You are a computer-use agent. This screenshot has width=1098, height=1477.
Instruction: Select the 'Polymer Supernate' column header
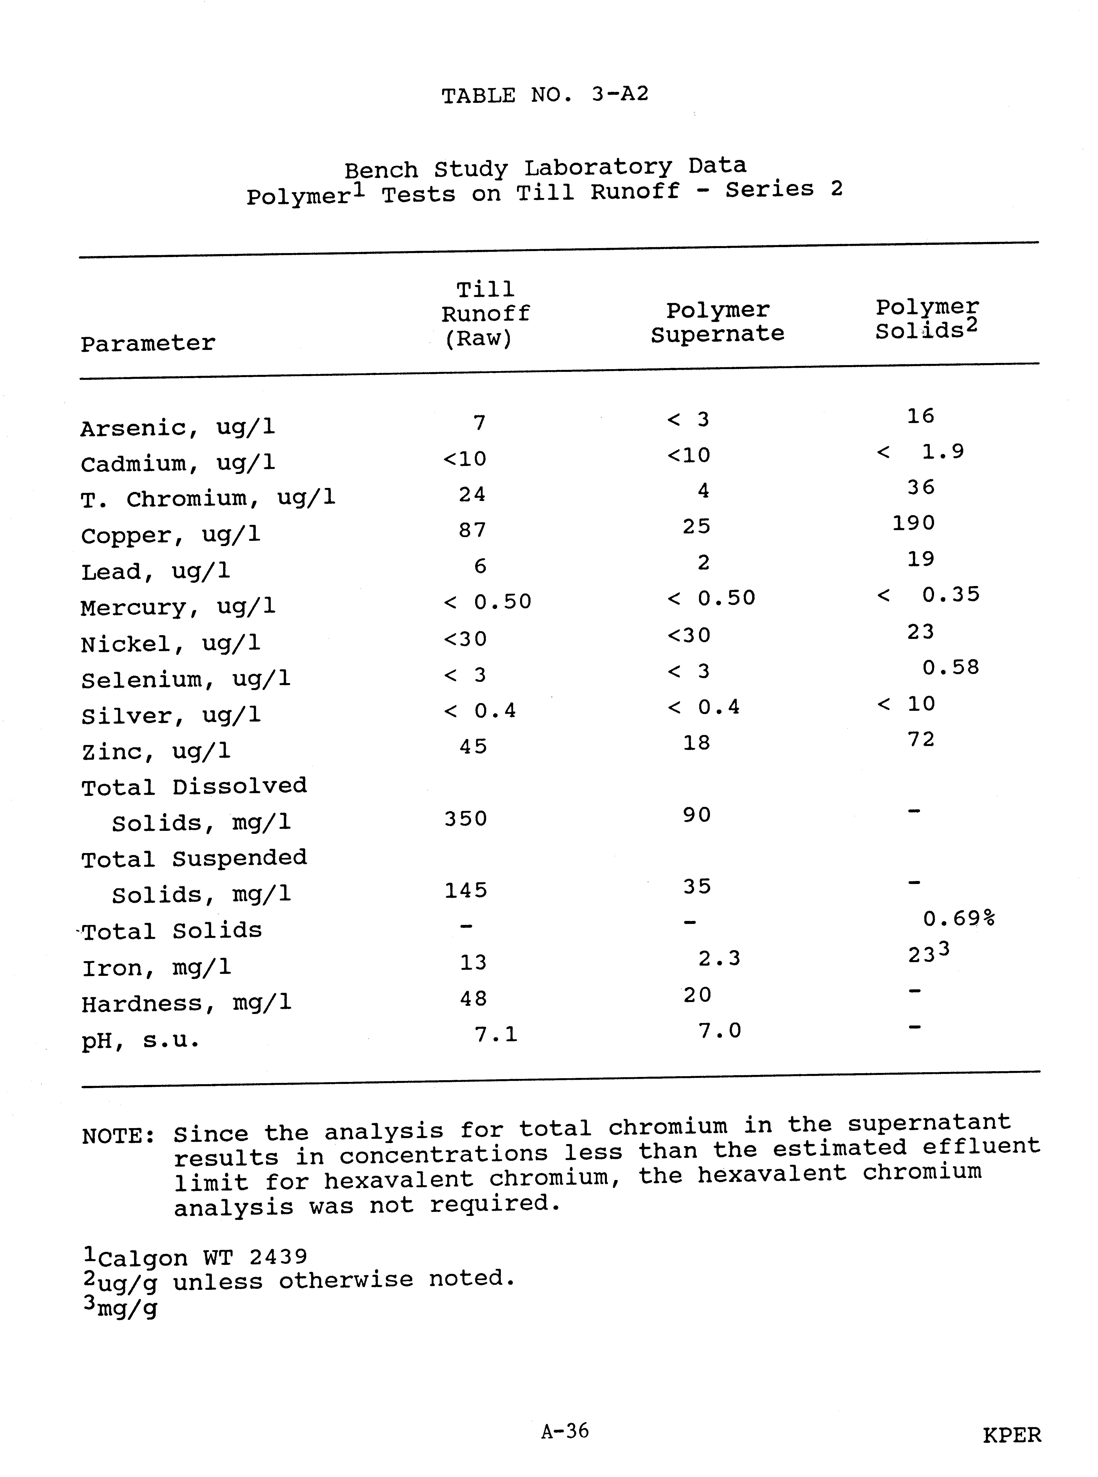click(x=717, y=322)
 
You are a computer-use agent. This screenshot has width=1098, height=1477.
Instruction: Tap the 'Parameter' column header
click(x=148, y=344)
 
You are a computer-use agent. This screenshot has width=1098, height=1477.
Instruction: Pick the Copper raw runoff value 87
click(x=473, y=530)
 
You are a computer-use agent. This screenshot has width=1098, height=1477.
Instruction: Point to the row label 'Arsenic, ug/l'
click(x=177, y=428)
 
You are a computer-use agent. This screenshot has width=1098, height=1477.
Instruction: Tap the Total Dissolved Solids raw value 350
click(x=466, y=818)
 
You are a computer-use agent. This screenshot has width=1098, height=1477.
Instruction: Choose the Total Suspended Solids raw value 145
click(x=466, y=890)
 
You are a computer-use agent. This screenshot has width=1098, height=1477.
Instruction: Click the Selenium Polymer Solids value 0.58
click(x=951, y=667)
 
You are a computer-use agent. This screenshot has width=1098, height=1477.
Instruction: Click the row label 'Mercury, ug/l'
click(x=177, y=607)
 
